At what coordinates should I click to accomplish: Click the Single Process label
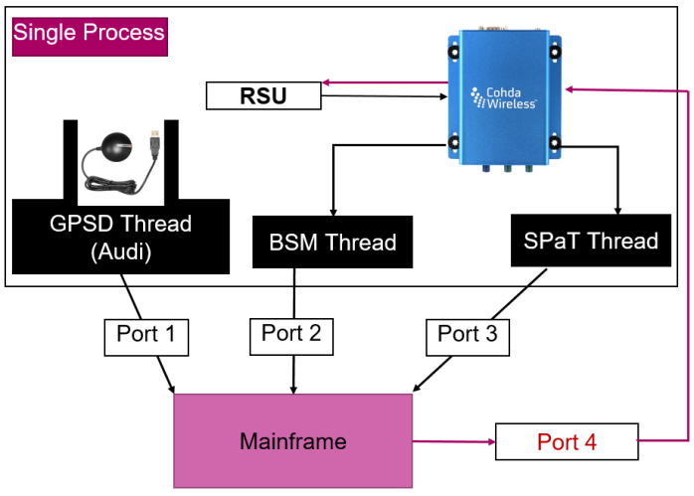88,34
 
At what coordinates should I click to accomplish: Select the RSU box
263,96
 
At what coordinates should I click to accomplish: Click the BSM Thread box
332,242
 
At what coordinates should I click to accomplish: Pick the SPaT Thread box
591,241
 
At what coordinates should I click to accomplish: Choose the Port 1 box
146,336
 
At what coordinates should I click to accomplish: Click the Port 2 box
291,336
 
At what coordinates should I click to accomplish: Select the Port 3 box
467,336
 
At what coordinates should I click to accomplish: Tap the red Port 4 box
567,441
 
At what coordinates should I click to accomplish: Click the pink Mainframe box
292,441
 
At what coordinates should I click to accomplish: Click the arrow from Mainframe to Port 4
452,441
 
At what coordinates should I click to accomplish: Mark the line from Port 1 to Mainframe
161,373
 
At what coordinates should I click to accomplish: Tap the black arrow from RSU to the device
383,96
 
